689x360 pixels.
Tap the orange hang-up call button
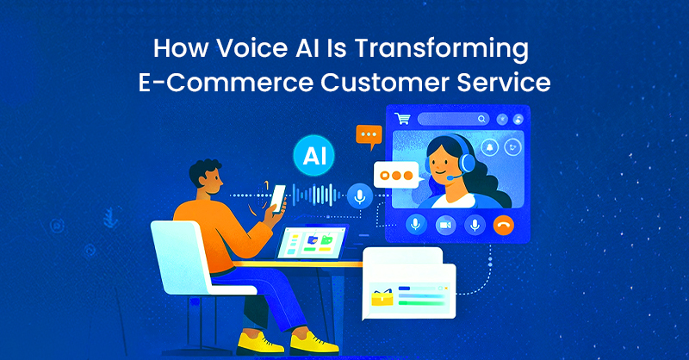tap(504, 226)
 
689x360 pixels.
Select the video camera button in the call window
tap(445, 226)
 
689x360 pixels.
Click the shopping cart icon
tap(400, 119)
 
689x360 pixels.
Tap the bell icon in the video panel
tap(489, 146)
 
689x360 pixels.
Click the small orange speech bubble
tap(369, 135)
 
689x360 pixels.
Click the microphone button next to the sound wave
tap(360, 197)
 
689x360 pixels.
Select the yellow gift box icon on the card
tap(381, 298)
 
